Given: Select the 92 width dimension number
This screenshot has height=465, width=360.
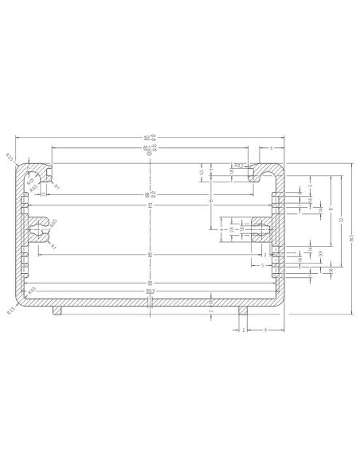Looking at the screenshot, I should coord(149,283).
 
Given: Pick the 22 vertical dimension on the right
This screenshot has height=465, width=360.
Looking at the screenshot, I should coord(340,219).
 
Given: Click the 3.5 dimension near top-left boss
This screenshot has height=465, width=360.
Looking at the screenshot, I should coord(43,193).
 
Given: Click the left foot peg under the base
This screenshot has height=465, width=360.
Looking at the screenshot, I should coord(57,310).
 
